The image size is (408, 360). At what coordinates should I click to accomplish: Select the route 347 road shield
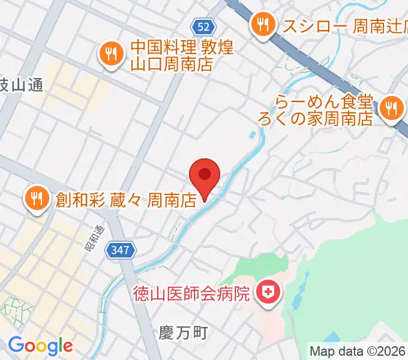119,250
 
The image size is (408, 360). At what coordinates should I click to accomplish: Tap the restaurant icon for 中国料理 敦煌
111,55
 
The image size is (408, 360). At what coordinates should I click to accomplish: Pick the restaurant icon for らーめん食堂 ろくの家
391,109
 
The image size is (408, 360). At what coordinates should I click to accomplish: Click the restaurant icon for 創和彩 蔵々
37,199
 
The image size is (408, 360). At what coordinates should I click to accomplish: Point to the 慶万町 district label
184,332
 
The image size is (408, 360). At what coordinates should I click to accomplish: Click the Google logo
40,345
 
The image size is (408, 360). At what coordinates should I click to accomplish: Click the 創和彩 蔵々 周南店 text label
127,199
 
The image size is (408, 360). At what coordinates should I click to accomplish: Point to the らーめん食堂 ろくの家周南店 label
324,109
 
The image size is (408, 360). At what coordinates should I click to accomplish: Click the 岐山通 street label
20,85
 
